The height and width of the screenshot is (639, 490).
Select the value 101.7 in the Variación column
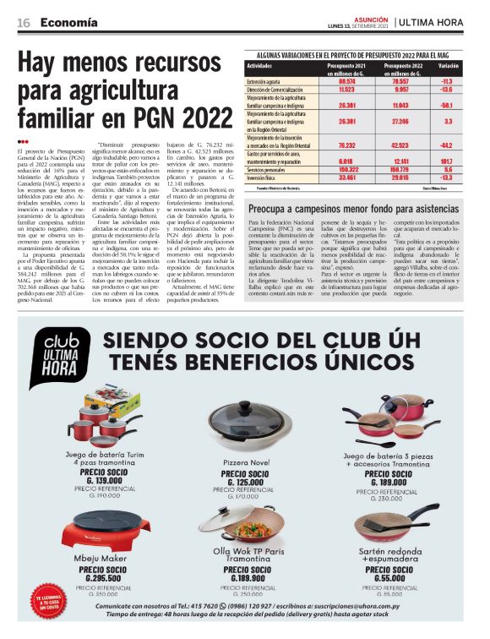click(447, 160)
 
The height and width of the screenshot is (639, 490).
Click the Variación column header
click(449, 64)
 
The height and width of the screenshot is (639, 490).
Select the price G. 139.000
click(104, 480)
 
